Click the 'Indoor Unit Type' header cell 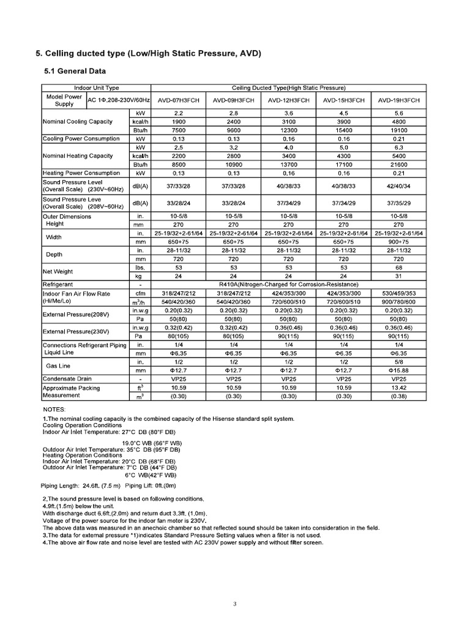pyautogui.click(x=97, y=88)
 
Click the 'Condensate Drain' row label pyautogui.click(x=67, y=379)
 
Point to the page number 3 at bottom pyautogui.click(x=234, y=604)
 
